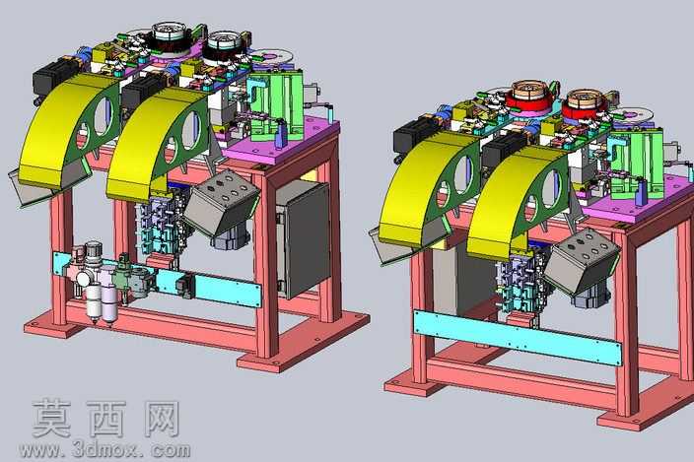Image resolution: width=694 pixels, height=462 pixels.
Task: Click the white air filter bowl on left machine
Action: point(94,301)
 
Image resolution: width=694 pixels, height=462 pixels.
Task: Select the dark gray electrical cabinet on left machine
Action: point(305,239)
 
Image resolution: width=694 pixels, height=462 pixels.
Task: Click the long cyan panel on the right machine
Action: point(517,337)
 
